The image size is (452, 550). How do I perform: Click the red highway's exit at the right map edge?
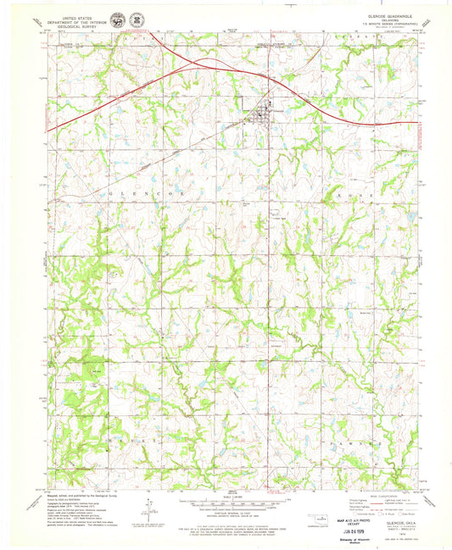[x=416, y=123]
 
